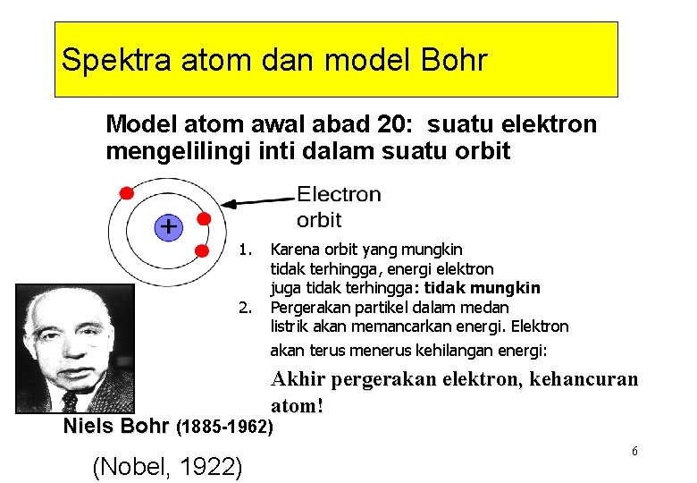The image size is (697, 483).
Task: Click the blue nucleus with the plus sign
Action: click(x=168, y=227)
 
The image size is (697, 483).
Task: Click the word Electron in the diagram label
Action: click(x=338, y=194)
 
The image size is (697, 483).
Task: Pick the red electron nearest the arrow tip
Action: click(x=204, y=218)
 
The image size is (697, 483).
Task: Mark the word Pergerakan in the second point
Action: click(x=309, y=308)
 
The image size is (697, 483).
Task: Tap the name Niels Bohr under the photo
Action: click(x=116, y=427)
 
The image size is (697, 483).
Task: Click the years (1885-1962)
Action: click(x=226, y=428)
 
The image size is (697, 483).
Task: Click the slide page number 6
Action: click(x=634, y=451)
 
